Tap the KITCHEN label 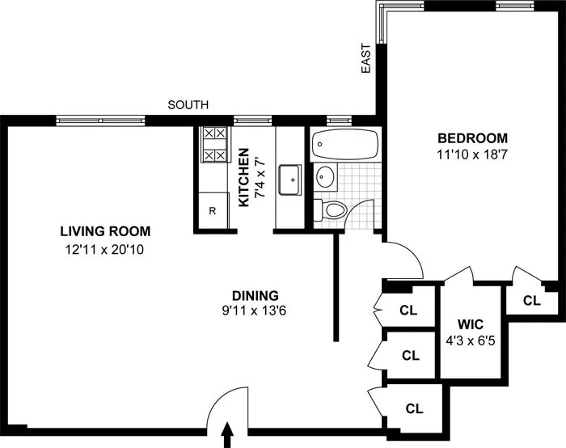coord(243,177)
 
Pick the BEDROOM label coord(473,137)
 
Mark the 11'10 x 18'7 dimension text coord(473,154)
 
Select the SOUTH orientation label coord(188,105)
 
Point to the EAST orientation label coord(366,59)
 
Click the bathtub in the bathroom coord(344,145)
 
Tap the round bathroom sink coord(326,175)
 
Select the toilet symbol coord(331,210)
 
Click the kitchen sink coord(289,179)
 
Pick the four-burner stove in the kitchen coord(214,145)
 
